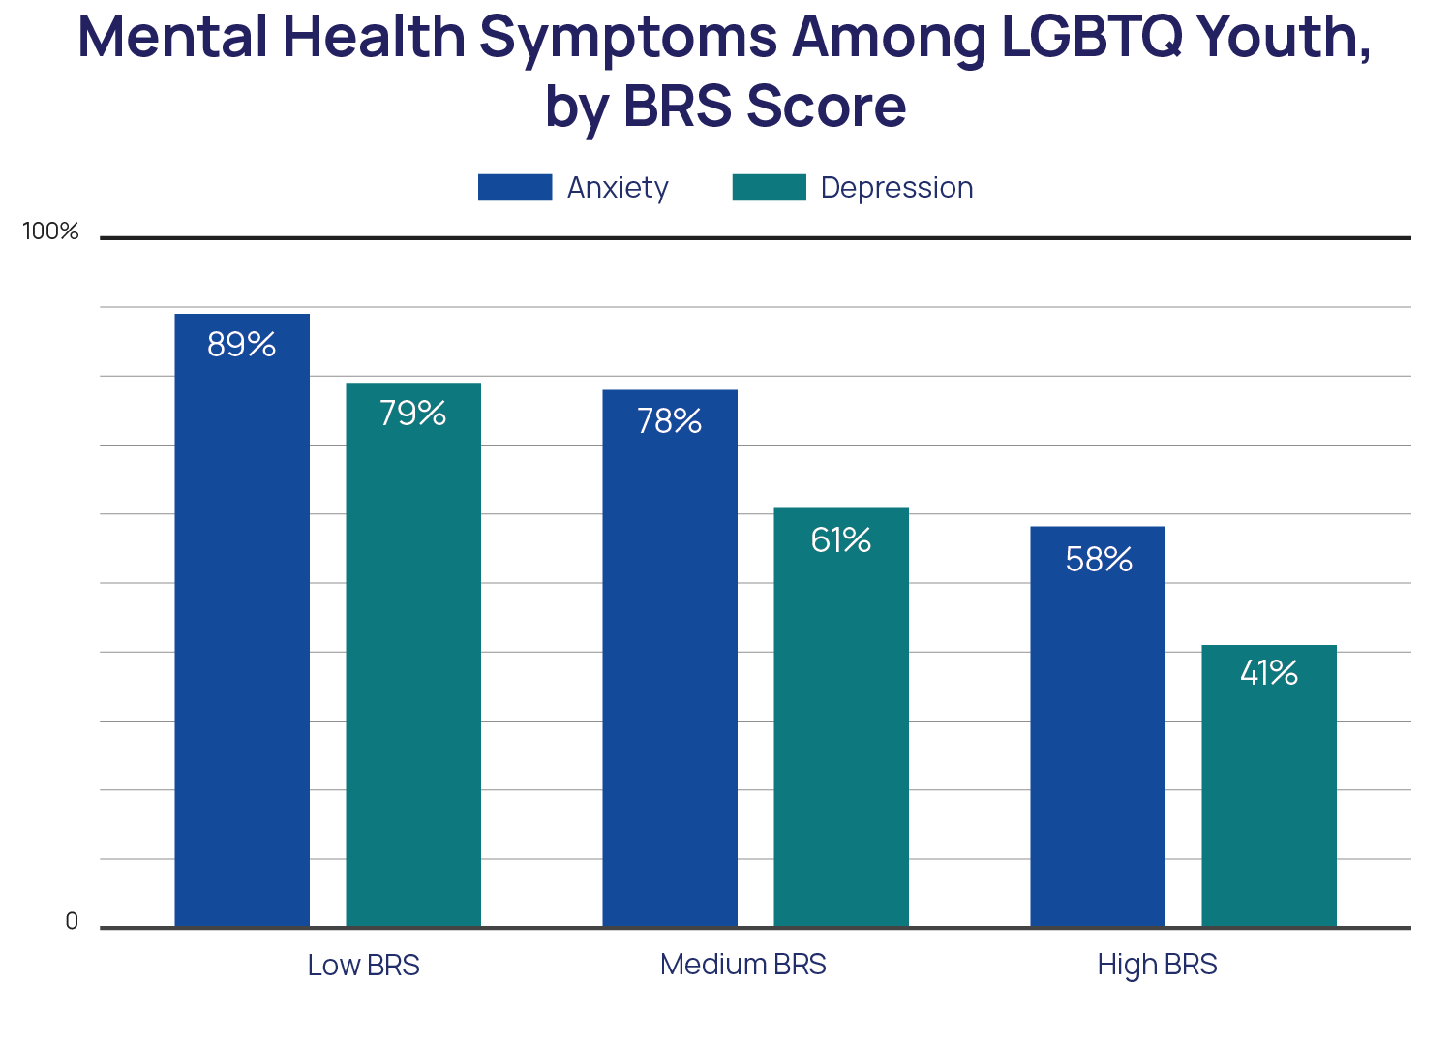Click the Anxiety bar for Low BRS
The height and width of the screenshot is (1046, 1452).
[242, 620]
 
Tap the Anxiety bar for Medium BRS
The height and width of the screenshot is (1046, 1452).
[670, 659]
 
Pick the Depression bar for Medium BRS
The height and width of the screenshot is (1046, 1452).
[841, 717]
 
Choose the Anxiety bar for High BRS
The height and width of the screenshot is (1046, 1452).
[1098, 726]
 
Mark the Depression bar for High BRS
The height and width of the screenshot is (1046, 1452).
[1269, 785]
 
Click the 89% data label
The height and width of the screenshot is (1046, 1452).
[242, 345]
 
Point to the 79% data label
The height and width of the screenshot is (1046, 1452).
[413, 414]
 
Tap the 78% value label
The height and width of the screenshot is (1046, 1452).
[670, 421]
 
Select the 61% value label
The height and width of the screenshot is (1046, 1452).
[841, 539]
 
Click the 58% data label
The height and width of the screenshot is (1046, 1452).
[1099, 560]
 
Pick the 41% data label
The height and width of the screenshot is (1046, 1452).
[1269, 673]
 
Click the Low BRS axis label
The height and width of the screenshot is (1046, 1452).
[363, 966]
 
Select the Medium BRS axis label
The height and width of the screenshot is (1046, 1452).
[743, 965]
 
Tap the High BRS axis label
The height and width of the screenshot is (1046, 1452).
[1157, 965]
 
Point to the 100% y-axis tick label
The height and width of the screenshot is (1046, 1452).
[50, 231]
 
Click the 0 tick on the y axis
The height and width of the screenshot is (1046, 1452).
[72, 922]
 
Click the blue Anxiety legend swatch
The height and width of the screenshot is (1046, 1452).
[515, 188]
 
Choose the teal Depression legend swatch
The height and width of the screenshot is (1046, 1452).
[769, 188]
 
